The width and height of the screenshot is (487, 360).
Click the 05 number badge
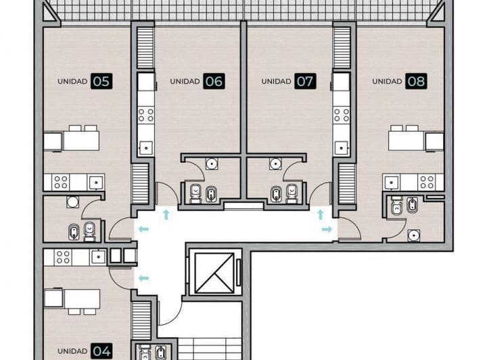101,81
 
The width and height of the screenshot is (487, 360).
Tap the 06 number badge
213,81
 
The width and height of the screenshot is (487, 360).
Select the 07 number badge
305,81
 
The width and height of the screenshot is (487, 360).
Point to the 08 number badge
416,81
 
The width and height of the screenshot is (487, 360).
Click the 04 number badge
101,351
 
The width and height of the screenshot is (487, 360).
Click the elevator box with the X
214,273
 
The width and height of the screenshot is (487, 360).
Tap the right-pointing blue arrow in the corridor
327,229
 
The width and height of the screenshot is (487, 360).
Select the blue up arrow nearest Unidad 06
166,215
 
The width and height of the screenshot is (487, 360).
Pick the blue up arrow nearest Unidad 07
320,215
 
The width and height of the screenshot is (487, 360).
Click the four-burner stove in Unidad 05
60,182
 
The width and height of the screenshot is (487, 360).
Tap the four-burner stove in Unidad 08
426,181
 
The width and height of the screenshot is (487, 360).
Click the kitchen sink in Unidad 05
95,181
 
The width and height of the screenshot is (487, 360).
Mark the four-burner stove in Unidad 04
62,256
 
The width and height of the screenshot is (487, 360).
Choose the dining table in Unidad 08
406,140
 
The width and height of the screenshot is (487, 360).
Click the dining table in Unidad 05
80,140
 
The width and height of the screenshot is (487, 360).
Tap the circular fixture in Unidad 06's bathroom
212,163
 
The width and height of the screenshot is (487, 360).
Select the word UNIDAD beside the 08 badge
387,81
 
